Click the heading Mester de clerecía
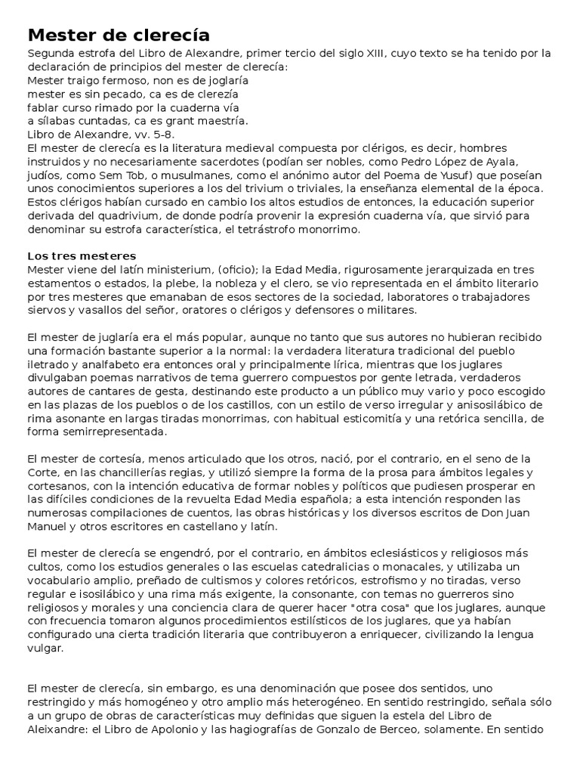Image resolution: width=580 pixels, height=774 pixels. point(119,35)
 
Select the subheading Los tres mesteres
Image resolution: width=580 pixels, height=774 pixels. point(81,255)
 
